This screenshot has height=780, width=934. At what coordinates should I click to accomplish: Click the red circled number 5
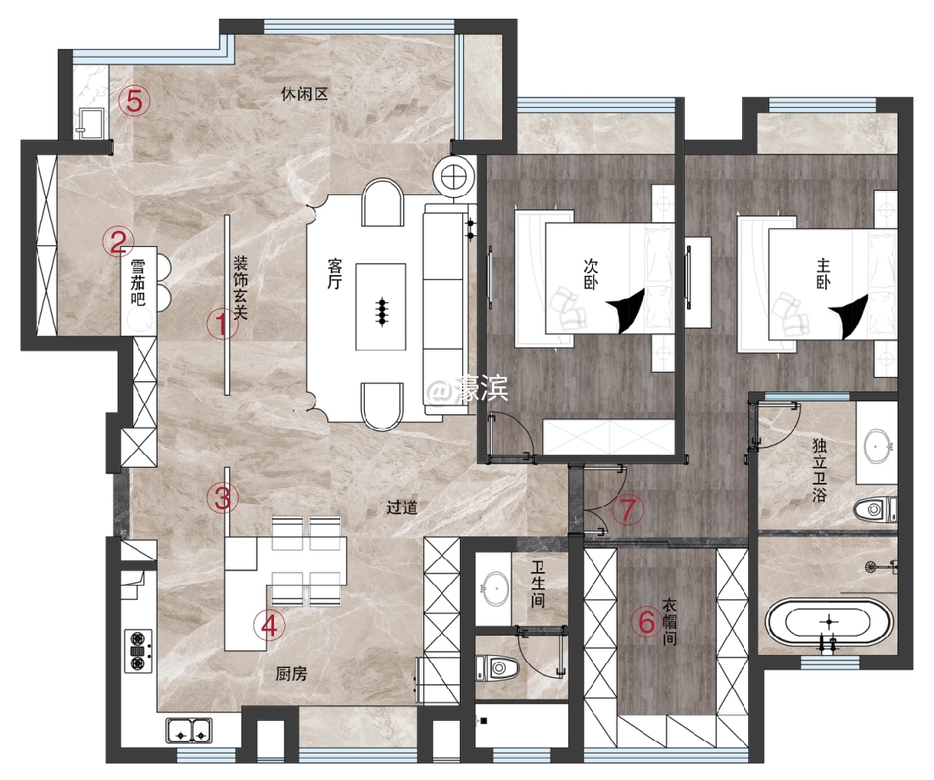[x=135, y=101]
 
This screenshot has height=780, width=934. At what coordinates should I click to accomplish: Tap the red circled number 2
[x=118, y=242]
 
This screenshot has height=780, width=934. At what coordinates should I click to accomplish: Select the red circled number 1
[x=222, y=325]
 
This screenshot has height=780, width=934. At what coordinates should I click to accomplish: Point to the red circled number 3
[x=223, y=497]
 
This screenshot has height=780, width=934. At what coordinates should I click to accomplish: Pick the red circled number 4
[x=269, y=626]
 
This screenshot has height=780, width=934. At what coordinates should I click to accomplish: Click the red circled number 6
[x=647, y=623]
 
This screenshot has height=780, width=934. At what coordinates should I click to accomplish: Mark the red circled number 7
[x=628, y=509]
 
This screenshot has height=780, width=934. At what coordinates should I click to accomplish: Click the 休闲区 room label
[x=305, y=94]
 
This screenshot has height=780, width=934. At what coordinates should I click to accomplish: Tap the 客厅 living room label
[x=334, y=274]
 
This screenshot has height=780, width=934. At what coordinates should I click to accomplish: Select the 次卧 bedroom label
[x=590, y=274]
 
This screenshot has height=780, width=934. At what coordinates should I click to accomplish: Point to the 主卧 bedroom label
[x=823, y=274]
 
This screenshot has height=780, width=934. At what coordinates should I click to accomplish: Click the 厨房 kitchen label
[x=291, y=673]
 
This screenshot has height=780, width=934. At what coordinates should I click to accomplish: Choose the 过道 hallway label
[x=401, y=508]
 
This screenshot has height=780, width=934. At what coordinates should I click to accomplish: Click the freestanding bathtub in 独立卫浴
[x=829, y=623]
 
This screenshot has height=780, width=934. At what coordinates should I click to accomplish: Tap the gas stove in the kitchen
[x=138, y=651]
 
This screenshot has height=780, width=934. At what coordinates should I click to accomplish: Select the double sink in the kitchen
[x=189, y=730]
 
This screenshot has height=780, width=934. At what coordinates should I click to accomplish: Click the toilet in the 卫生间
[x=498, y=669]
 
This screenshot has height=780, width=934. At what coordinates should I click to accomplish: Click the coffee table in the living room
[x=381, y=307]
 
